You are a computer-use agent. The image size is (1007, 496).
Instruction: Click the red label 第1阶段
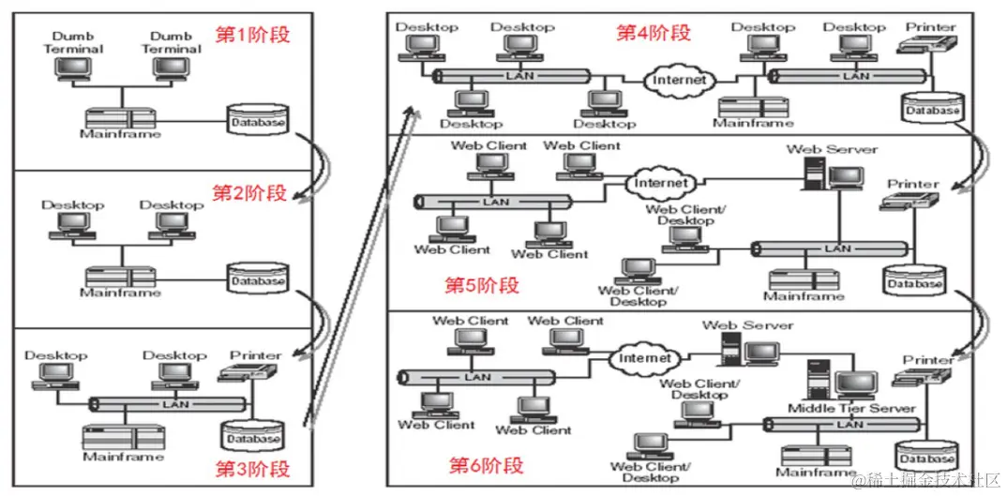point(253,36)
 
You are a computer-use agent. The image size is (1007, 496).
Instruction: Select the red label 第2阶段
point(248,193)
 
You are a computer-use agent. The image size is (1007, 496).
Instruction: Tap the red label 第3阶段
point(252,468)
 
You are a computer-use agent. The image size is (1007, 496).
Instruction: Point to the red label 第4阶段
point(653,33)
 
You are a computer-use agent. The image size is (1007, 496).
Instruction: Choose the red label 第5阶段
point(482,285)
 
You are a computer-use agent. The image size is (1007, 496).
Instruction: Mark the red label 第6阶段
point(486,465)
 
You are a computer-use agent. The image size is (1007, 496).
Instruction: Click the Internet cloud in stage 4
point(680,81)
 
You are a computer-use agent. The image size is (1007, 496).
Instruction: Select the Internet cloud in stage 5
point(661,183)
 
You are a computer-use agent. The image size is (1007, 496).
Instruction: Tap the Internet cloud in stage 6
point(645,358)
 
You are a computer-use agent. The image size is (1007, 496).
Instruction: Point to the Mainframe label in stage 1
point(120,134)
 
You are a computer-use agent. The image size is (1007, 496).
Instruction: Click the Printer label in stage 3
point(255,355)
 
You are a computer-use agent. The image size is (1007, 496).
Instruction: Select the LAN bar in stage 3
point(169,404)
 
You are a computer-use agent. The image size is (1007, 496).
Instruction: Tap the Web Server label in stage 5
point(832,149)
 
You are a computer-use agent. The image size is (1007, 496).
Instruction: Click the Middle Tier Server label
point(850,408)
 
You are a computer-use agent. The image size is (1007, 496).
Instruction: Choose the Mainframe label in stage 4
point(753,123)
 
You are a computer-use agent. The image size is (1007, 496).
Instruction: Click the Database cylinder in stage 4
point(933,109)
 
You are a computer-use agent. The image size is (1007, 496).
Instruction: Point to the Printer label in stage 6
point(928,360)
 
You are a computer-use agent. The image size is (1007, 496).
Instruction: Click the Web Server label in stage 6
point(747,325)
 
